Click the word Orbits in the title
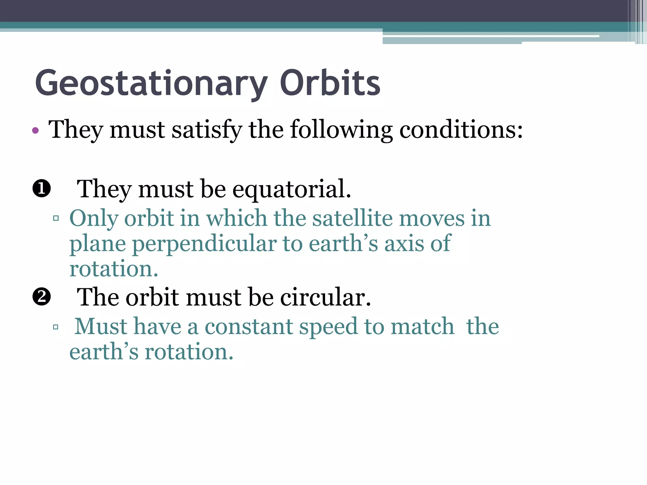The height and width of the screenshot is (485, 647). tap(330, 83)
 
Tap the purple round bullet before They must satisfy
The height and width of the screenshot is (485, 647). tap(36, 130)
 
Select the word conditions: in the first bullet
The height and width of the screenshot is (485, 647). tap(461, 129)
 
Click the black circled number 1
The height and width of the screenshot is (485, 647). tap(42, 189)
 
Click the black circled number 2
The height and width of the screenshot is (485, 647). tap(42, 297)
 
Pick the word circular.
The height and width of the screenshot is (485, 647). tap(325, 297)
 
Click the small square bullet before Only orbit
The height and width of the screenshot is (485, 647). tap(56, 218)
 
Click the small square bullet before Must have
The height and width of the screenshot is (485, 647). tap(56, 327)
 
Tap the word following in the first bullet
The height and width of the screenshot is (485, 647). tap(341, 129)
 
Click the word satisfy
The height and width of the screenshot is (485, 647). tap(207, 129)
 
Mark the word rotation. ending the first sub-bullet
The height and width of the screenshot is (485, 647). tap(114, 269)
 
